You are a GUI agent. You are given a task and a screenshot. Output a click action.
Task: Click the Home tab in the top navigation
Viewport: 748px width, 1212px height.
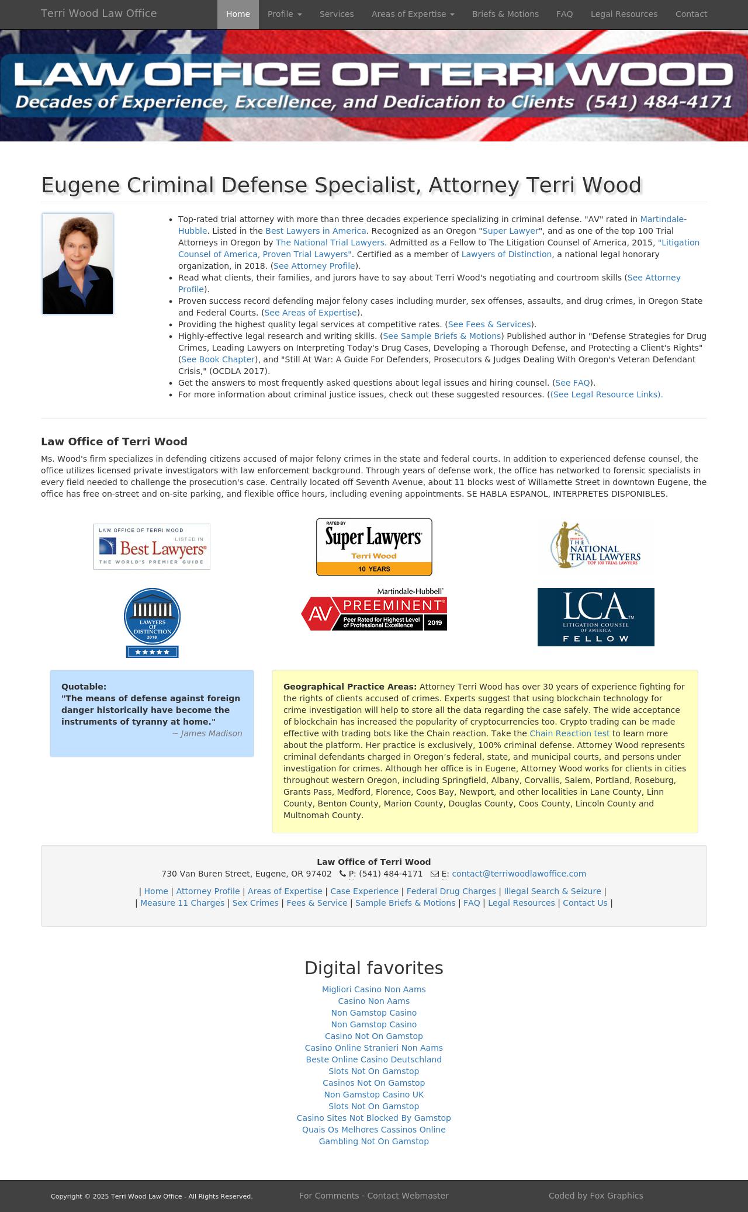[x=238, y=14]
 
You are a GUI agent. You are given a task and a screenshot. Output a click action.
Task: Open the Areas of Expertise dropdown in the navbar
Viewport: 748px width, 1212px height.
[x=413, y=14]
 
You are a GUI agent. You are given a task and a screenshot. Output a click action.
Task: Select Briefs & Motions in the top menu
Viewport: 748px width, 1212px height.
[x=505, y=14]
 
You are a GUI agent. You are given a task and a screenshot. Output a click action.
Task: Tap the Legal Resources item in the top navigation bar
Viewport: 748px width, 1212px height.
[x=624, y=14]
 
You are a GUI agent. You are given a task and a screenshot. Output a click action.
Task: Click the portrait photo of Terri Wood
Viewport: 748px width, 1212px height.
[x=78, y=264]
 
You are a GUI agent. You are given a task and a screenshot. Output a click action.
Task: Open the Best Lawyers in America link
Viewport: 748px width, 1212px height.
[x=316, y=231]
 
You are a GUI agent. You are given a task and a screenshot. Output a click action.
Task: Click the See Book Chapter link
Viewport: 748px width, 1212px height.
[x=218, y=359]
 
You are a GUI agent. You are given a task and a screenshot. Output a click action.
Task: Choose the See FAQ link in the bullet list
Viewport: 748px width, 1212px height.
[x=572, y=383]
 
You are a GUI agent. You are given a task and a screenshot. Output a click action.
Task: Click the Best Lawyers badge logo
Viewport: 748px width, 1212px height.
[x=152, y=546]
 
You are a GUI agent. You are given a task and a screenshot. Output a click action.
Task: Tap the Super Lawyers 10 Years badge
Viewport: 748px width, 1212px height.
[x=374, y=546]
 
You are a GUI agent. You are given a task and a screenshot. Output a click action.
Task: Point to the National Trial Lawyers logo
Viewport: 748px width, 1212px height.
[x=595, y=545]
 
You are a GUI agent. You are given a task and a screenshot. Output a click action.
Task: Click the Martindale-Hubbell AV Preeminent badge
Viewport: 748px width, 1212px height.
[x=374, y=610]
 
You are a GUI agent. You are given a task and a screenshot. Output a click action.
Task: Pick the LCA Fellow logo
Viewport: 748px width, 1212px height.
[x=595, y=617]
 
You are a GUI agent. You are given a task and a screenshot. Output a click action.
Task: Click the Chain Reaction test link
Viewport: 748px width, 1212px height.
[x=569, y=733]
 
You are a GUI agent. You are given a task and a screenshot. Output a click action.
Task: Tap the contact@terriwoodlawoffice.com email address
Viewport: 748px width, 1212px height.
[x=518, y=874]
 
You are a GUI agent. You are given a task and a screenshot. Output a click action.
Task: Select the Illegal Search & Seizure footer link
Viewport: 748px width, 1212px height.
[x=552, y=891]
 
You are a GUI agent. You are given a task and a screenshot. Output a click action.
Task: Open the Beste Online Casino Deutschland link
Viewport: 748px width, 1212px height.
[x=374, y=1059]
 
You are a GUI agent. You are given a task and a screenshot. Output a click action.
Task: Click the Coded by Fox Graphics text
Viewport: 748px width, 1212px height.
[x=595, y=1196]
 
